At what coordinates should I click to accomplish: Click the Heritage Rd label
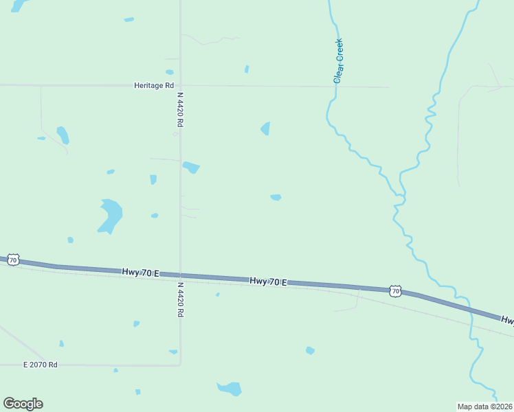pos(154,86)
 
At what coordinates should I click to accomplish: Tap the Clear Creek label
pos(338,61)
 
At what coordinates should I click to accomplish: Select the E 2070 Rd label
pos(40,365)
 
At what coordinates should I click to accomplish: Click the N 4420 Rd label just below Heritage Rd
pos(180,109)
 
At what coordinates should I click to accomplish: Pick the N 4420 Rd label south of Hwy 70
pos(180,299)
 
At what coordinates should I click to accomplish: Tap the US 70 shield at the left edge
pos(13,260)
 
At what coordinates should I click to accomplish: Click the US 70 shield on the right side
pos(394,291)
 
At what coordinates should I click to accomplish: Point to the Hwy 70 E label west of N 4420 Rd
pos(141,273)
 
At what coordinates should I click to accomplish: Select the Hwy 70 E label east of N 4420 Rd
pos(268,282)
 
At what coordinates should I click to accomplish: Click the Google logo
pos(23,404)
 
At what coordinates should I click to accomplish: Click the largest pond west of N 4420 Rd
pos(110,215)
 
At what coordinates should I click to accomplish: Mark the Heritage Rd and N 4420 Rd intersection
pos(180,86)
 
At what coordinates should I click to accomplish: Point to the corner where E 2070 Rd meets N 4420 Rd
pos(180,365)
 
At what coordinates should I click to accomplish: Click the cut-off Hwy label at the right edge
pos(507,319)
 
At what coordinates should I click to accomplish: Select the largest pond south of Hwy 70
pos(230,389)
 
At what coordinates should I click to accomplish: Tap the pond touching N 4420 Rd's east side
pos(191,167)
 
